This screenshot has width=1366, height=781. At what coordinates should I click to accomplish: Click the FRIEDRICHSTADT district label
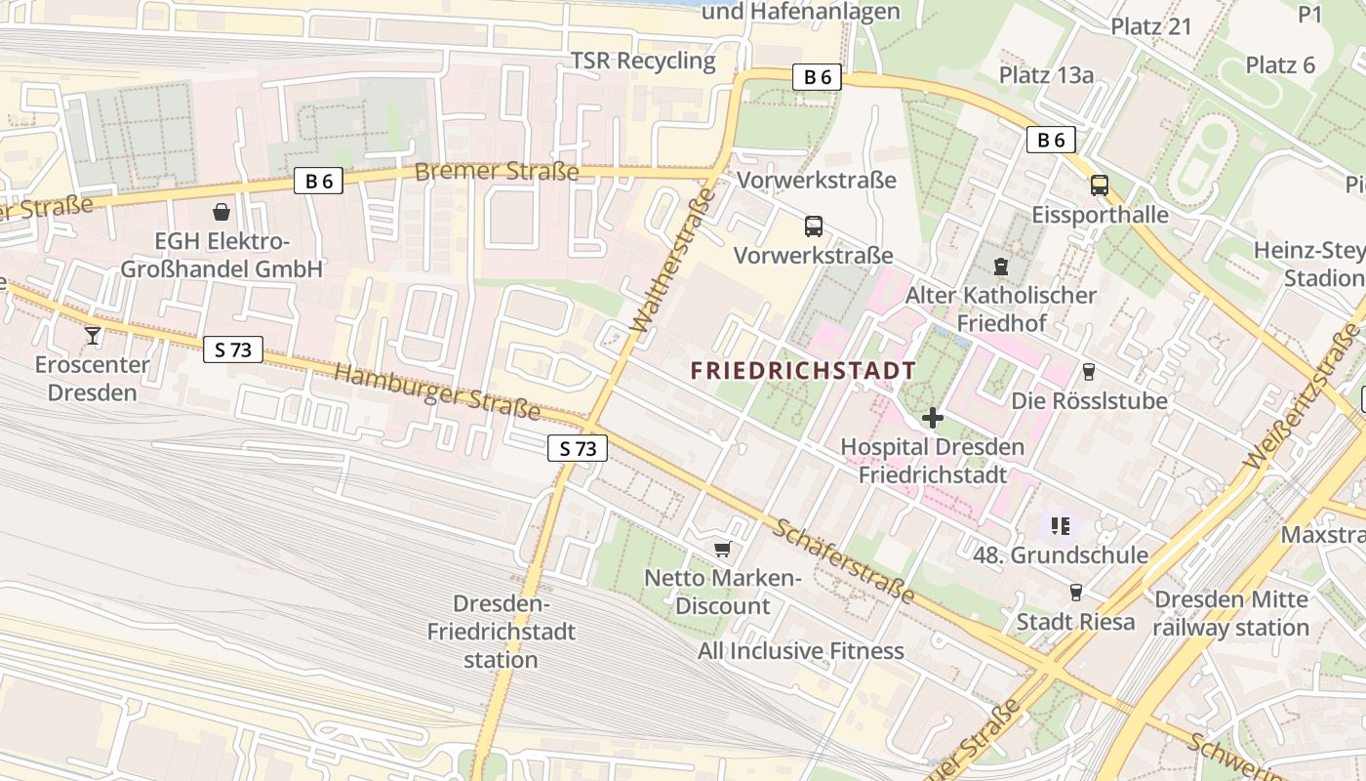click(x=803, y=370)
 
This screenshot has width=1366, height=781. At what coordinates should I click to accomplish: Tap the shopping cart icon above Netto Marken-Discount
click(x=722, y=549)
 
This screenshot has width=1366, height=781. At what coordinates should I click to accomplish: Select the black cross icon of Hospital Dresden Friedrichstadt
click(x=933, y=418)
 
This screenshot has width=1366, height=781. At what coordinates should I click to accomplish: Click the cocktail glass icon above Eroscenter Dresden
click(x=93, y=335)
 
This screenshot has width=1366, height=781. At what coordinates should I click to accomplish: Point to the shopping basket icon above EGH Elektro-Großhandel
click(x=221, y=211)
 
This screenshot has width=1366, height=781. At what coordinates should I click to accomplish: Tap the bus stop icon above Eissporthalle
click(x=1100, y=185)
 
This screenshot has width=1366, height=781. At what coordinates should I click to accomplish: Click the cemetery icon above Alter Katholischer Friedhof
click(x=1000, y=265)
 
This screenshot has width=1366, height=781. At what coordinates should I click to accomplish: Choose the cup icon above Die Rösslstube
click(x=1089, y=371)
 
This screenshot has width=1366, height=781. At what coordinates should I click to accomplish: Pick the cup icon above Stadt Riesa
click(x=1076, y=592)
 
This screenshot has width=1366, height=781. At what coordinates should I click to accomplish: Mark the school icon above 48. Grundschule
click(x=1061, y=526)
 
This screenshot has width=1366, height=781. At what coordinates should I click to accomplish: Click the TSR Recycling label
click(x=643, y=61)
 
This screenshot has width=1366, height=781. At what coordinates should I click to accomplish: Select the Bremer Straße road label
click(x=497, y=172)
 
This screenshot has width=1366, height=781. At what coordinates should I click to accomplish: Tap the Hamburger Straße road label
click(x=436, y=390)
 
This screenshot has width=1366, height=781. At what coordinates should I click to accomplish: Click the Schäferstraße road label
click(x=845, y=560)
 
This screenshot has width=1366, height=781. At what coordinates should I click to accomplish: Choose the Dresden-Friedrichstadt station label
click(x=501, y=632)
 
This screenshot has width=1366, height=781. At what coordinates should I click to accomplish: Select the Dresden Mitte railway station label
click(x=1230, y=613)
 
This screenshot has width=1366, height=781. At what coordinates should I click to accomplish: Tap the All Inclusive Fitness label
click(x=801, y=650)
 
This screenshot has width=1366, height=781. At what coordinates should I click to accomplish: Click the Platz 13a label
click(x=1046, y=74)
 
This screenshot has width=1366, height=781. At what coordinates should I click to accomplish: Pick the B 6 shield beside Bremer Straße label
click(x=318, y=181)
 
